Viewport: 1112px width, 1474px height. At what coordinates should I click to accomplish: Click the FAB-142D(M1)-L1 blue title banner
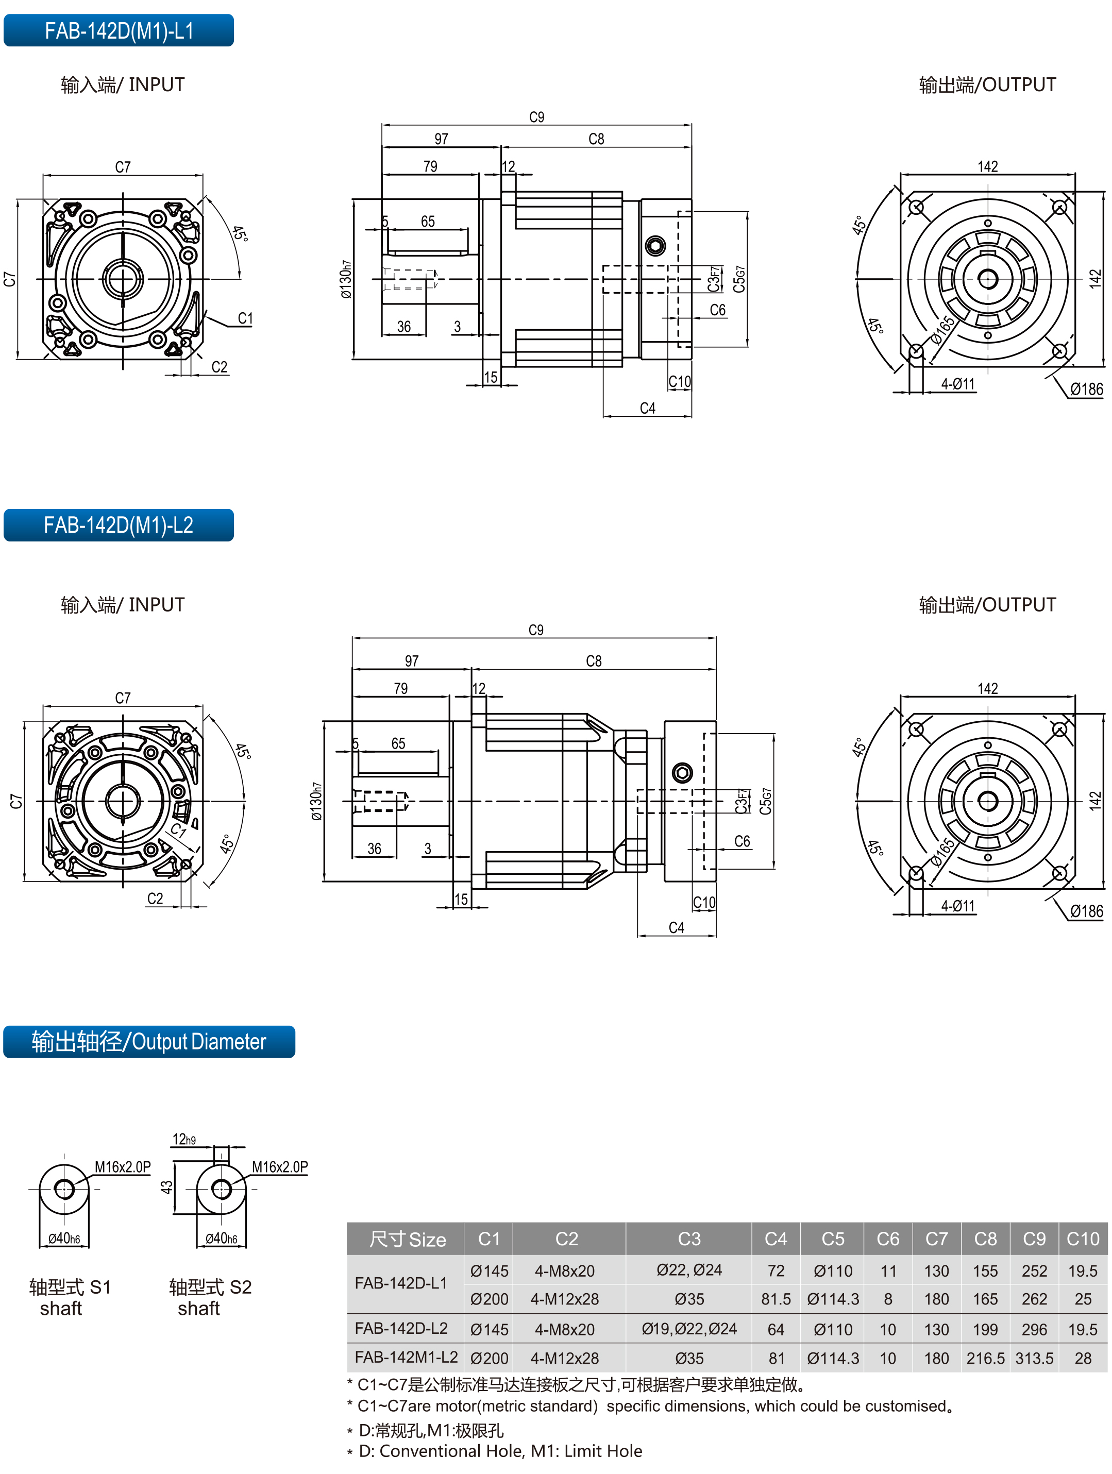pos(119,30)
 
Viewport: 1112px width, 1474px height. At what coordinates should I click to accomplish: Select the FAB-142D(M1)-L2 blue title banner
pos(119,525)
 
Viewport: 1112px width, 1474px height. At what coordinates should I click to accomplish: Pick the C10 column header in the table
pos(1082,1238)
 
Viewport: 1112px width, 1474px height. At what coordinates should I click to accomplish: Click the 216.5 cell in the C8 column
pos(985,1358)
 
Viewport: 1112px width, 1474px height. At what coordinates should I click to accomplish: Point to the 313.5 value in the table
pos(1034,1358)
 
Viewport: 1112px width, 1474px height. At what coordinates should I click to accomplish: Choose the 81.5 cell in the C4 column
pos(776,1299)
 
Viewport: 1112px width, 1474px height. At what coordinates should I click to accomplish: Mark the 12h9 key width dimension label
pos(184,1140)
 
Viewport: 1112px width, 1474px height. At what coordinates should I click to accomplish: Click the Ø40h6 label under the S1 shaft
pos(64,1238)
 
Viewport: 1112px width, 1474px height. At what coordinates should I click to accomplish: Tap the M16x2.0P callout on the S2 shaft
pos(279,1167)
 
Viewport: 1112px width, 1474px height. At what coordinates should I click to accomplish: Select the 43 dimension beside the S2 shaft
pos(166,1187)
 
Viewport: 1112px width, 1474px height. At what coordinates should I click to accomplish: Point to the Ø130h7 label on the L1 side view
pos(345,279)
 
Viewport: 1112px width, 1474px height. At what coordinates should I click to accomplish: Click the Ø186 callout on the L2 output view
pos(1086,911)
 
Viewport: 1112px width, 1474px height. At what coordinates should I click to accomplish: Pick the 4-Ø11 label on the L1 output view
pos(957,384)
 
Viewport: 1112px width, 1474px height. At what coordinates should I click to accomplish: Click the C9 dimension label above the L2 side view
pos(535,630)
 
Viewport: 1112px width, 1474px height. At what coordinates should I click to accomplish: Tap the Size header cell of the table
pos(407,1239)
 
